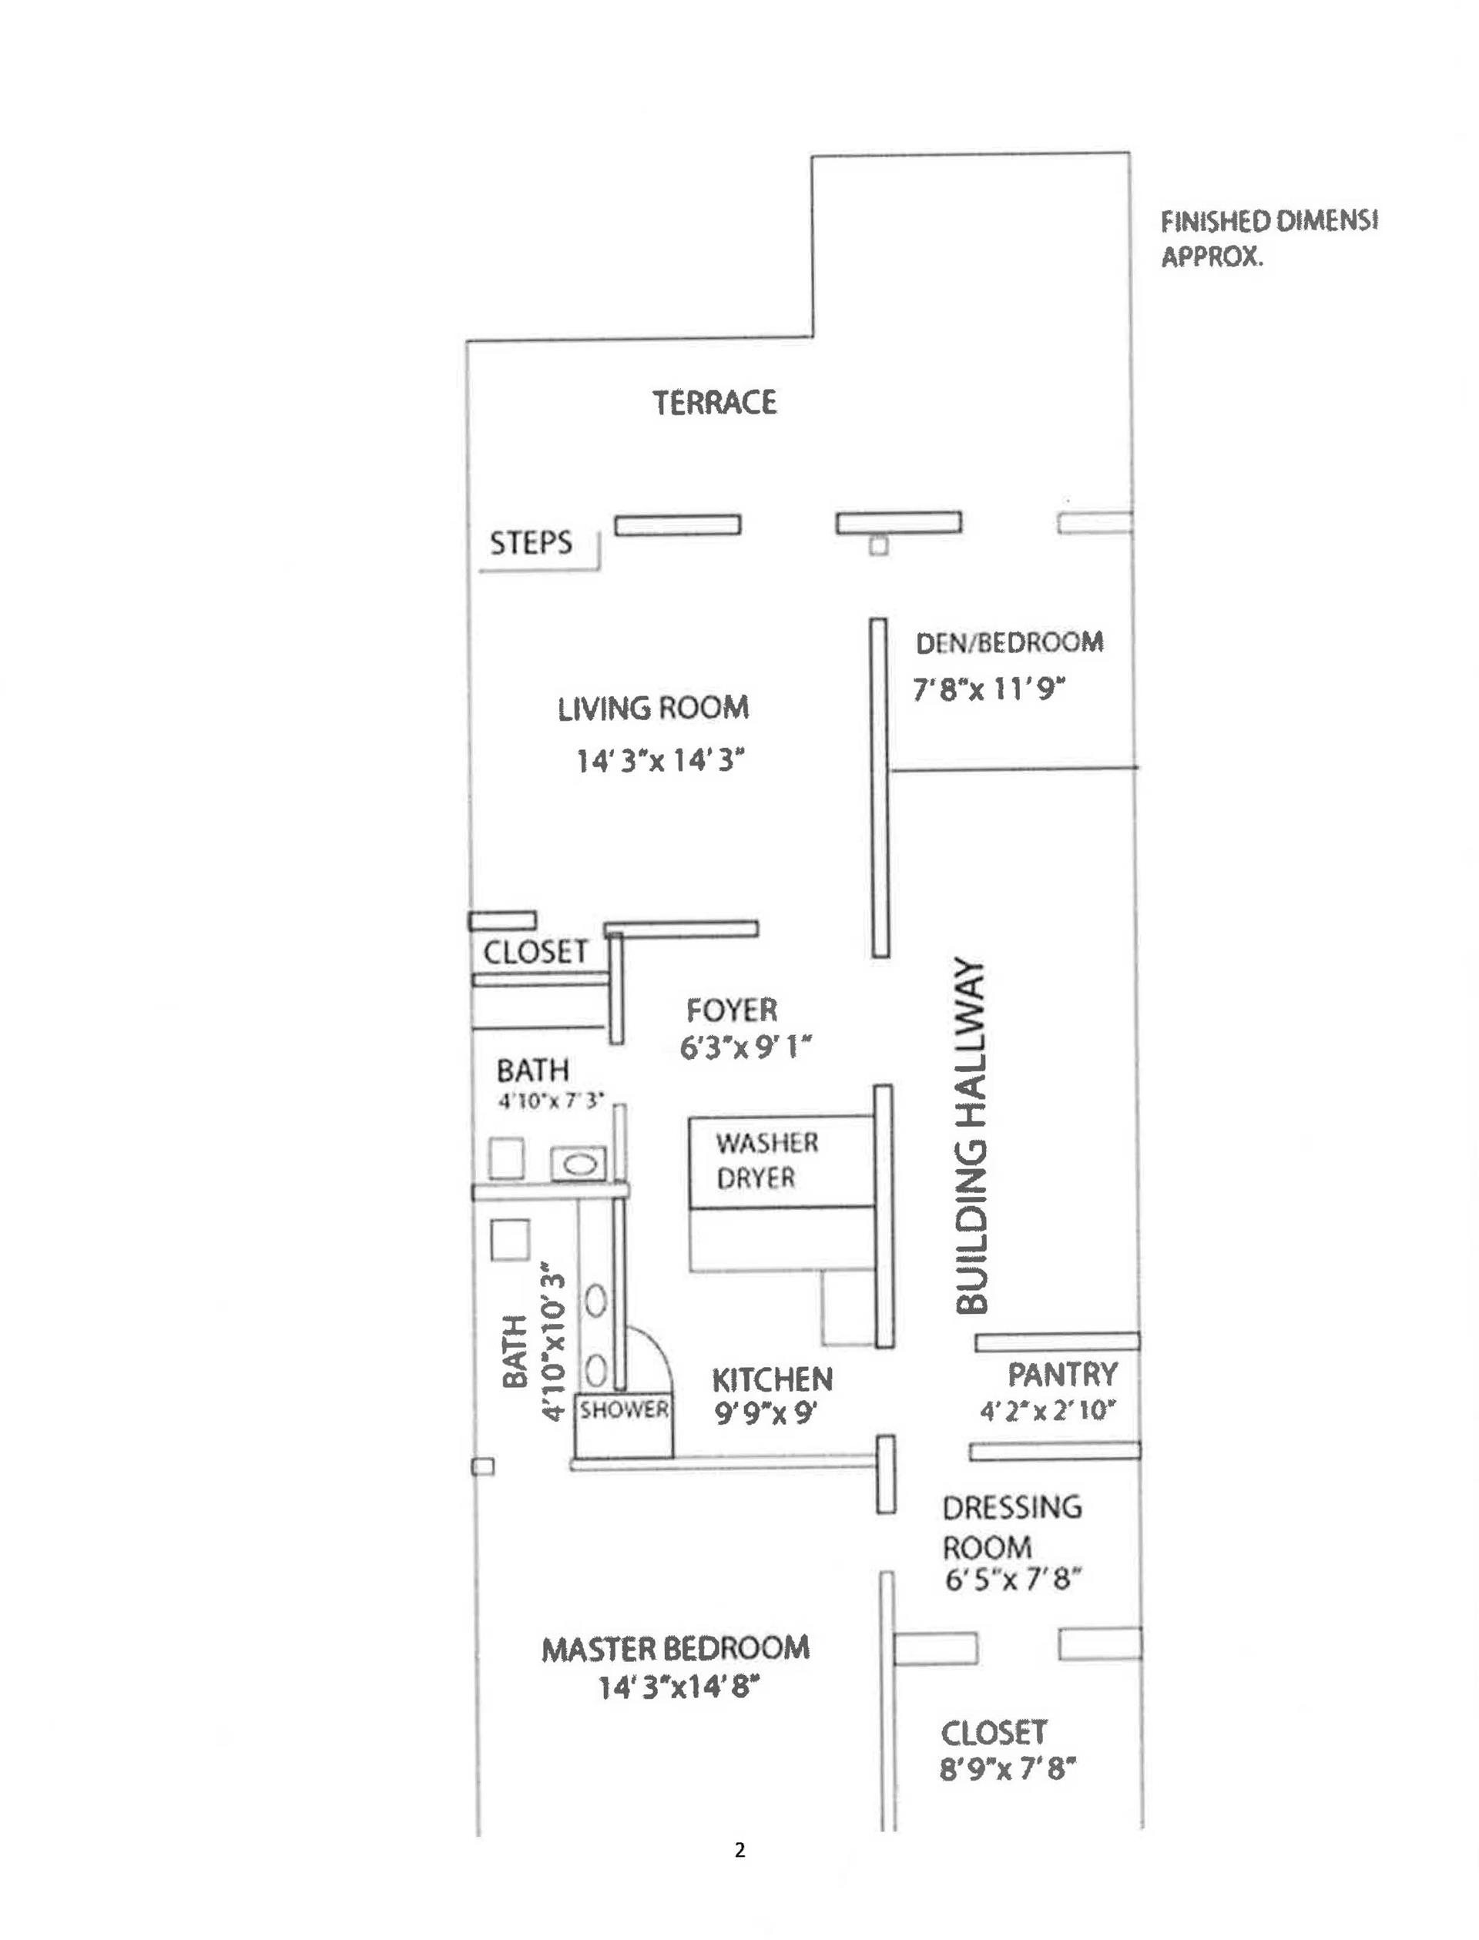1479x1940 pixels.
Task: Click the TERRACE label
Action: (x=714, y=403)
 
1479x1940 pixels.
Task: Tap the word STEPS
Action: (x=531, y=543)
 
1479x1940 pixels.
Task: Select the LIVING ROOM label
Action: (x=652, y=709)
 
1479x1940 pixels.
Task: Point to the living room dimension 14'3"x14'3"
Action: (x=660, y=759)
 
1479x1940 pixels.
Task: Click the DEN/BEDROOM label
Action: (x=1009, y=642)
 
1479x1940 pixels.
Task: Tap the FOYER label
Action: (x=732, y=1010)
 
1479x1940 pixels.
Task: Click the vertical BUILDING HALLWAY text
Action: (x=971, y=1135)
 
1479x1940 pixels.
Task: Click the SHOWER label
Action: (x=623, y=1410)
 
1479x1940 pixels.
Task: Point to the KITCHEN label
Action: (x=772, y=1379)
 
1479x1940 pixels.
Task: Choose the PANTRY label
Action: (x=1061, y=1374)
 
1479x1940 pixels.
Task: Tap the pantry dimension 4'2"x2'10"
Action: (x=1048, y=1411)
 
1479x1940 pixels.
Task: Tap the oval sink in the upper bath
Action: (x=579, y=1164)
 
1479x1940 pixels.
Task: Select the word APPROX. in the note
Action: (x=1212, y=257)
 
